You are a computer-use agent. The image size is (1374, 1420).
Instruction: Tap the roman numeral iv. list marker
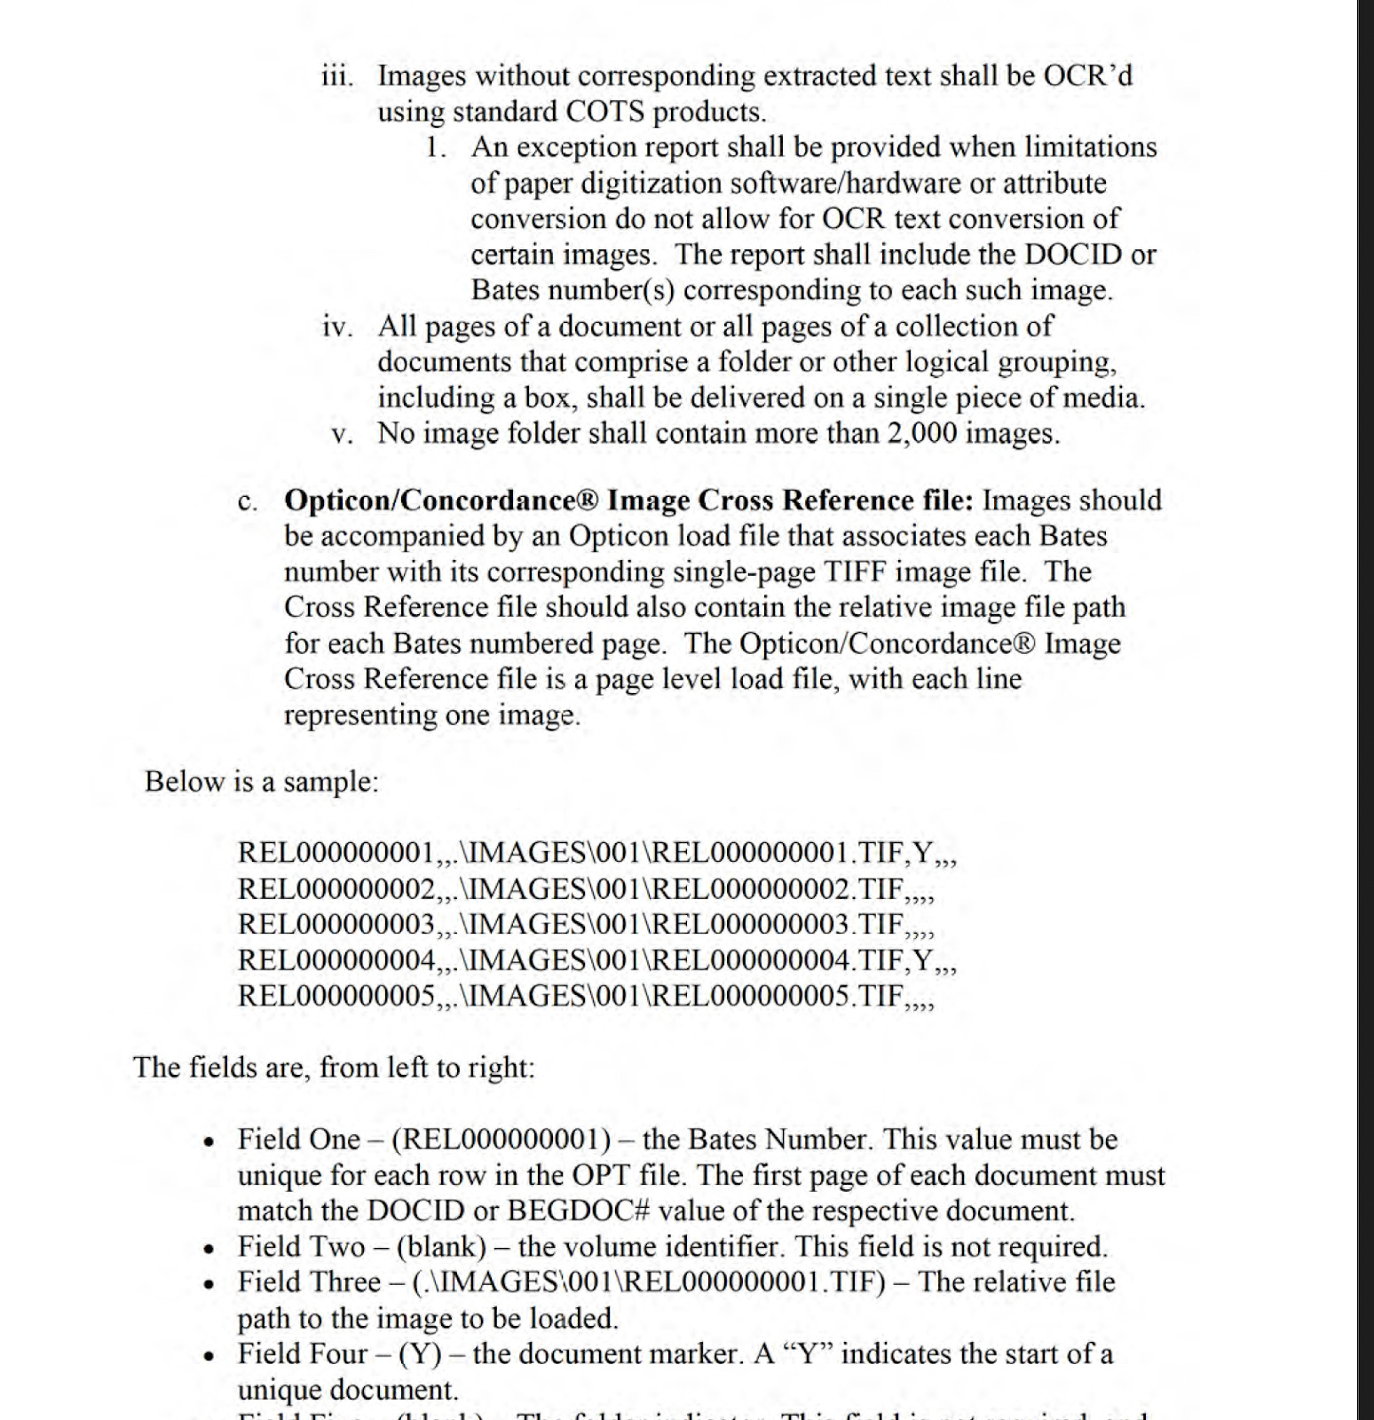coord(337,327)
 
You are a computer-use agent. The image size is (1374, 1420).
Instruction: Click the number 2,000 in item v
coord(922,433)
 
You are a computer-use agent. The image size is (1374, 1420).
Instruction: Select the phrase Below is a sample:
coord(262,781)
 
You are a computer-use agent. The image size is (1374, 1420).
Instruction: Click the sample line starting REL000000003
coord(586,925)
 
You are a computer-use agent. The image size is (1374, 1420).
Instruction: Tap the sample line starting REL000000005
coord(586,996)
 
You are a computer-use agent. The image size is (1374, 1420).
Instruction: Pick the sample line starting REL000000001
coord(596,853)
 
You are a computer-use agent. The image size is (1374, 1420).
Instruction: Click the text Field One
coord(299,1140)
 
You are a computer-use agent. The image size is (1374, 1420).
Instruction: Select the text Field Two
coord(301,1247)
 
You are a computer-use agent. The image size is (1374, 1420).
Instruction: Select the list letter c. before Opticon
coord(248,501)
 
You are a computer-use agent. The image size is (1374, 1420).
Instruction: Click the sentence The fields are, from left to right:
coord(334,1067)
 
